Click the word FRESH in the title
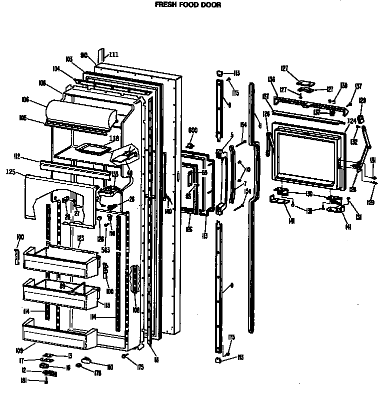(164, 5)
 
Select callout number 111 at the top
(113, 54)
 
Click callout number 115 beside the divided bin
(106, 305)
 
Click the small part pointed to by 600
(189, 145)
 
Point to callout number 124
(351, 121)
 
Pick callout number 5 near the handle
(231, 135)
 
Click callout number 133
(114, 174)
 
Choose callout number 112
(17, 157)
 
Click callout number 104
(56, 69)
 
